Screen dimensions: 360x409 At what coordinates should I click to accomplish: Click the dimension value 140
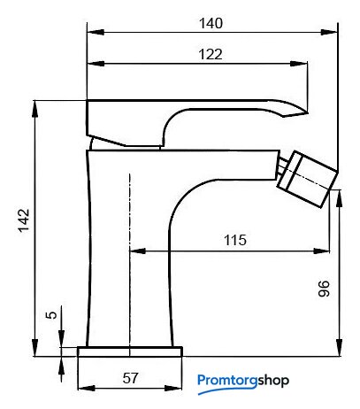(211, 23)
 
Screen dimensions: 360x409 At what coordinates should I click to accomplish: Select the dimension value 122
(211, 54)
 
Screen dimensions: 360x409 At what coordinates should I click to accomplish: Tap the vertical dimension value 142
(24, 220)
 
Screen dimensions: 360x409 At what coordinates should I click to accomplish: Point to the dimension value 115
(235, 240)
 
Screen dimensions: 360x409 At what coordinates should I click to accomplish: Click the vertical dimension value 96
(324, 289)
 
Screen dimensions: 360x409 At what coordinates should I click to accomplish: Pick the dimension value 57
(130, 378)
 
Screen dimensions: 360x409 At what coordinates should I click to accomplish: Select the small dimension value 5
(51, 315)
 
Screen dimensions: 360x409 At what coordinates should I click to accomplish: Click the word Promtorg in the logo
(227, 381)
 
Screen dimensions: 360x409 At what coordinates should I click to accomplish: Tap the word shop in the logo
(273, 381)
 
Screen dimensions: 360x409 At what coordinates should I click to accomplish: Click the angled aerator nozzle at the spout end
(307, 179)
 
